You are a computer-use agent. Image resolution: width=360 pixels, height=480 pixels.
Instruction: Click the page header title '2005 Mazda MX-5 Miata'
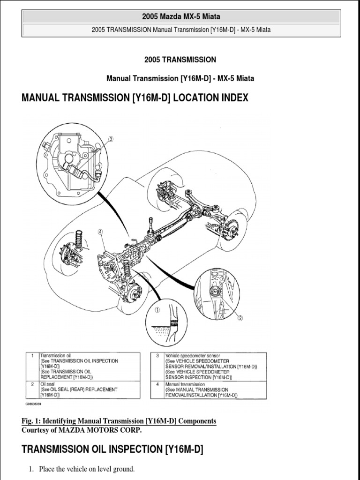pyautogui.click(x=180, y=17)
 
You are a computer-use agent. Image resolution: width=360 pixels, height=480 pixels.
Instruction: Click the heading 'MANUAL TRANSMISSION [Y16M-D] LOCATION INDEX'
pyautogui.click(x=135, y=98)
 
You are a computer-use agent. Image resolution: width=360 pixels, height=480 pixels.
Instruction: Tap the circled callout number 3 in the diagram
pyautogui.click(x=111, y=139)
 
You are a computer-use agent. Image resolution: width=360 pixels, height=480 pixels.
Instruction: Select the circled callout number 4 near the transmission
pyautogui.click(x=100, y=231)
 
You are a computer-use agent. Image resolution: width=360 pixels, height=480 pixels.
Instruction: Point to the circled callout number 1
pyautogui.click(x=158, y=309)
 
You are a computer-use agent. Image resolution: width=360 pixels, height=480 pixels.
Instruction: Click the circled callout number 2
pyautogui.click(x=240, y=318)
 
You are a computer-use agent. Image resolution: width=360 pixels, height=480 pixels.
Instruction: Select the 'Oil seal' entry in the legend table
pyautogui.click(x=48, y=384)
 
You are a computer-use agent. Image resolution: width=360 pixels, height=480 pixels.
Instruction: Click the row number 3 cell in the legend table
pyautogui.click(x=157, y=356)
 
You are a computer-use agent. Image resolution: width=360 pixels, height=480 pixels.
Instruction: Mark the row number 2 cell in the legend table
pyautogui.click(x=31, y=384)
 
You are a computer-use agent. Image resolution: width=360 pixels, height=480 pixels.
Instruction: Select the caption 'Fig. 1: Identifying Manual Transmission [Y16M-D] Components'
pyautogui.click(x=119, y=421)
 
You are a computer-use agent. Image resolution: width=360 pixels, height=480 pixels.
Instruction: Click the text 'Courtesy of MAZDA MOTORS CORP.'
pyautogui.click(x=81, y=430)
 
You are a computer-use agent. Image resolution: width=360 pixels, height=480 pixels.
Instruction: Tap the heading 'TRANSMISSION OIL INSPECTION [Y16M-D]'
pyautogui.click(x=112, y=450)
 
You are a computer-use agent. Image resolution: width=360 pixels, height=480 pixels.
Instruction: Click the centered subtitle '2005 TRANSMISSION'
pyautogui.click(x=180, y=60)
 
